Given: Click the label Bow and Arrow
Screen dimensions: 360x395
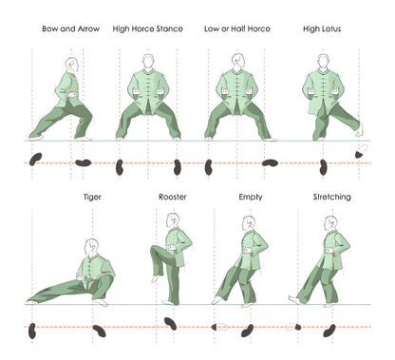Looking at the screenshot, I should (66, 29).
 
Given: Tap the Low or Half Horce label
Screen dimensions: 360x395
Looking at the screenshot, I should (236, 29).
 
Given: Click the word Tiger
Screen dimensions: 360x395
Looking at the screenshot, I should (92, 197).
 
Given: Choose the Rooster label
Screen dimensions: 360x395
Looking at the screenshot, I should (171, 197).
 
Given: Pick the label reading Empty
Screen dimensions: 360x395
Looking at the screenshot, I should (251, 197).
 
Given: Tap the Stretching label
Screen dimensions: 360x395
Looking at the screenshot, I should (331, 197).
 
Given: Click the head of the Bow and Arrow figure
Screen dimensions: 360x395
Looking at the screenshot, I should (73, 65).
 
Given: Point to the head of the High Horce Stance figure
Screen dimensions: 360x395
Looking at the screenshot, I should (147, 61).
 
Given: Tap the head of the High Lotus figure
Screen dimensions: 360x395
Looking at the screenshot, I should (325, 61).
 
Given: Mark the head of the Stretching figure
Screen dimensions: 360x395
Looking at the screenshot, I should (330, 223).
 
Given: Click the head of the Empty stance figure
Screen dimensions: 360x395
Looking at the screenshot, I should (249, 224).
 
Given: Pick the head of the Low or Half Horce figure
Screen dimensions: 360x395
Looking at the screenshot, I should (237, 61).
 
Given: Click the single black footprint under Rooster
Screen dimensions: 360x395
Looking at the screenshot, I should (170, 323).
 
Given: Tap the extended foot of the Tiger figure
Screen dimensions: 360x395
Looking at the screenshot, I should (34, 298).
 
